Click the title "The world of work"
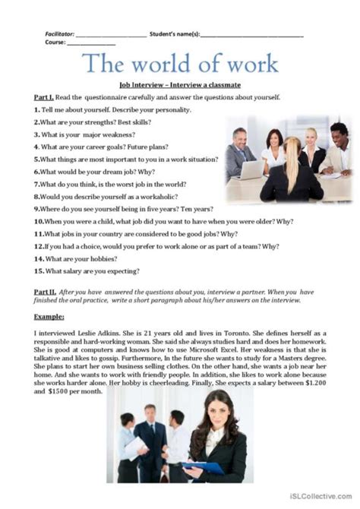[x=179, y=63]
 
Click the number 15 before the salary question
[x=37, y=269]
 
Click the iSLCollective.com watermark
[x=319, y=495]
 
